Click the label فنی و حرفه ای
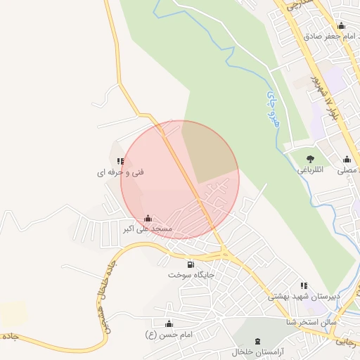[120, 172]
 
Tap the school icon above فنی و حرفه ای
[120, 161]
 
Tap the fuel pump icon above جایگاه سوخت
[191, 265]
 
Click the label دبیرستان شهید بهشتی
[304, 296]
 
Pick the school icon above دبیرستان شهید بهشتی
[304, 285]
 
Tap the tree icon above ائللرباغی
[310, 159]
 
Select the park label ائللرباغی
[310, 169]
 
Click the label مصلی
[348, 169]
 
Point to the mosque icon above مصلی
[347, 159]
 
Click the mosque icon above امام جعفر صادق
[341, 26]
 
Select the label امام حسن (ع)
[169, 334]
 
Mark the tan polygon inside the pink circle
[209, 150]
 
